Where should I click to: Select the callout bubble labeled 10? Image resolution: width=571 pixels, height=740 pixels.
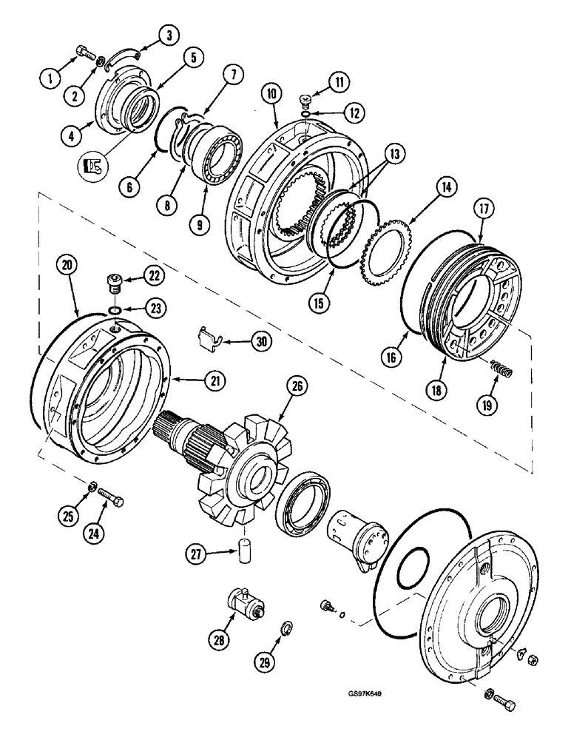pyautogui.click(x=271, y=94)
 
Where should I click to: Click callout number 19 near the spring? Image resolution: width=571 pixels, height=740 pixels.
pyautogui.click(x=488, y=403)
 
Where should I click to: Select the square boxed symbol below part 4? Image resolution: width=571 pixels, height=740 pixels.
pyautogui.click(x=92, y=166)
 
